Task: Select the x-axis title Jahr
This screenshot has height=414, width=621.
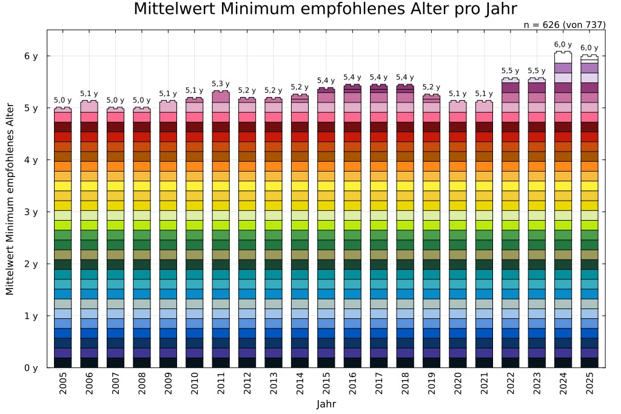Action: [326, 404]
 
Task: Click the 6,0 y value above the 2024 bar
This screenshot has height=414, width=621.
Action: [563, 44]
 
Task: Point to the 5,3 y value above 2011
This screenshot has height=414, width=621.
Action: [221, 84]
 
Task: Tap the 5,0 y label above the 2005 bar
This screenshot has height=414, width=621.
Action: [62, 100]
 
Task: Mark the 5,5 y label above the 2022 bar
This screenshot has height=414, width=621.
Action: [510, 71]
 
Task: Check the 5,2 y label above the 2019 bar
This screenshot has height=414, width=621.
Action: [431, 87]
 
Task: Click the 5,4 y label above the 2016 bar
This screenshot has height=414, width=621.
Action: [352, 77]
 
